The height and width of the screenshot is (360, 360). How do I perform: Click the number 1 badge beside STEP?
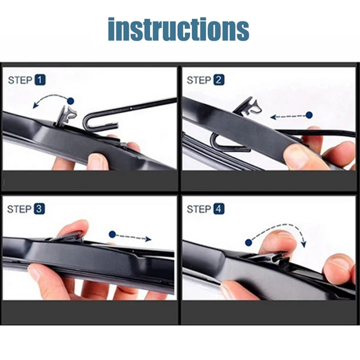(x=40, y=80)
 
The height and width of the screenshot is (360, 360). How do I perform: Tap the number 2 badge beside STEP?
(x=219, y=80)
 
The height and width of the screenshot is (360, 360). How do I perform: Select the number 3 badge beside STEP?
(x=40, y=209)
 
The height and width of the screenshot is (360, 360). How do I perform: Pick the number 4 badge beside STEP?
(x=219, y=209)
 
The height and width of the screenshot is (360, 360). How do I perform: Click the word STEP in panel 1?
(x=20, y=80)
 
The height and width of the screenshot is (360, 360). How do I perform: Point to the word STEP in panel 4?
(x=199, y=209)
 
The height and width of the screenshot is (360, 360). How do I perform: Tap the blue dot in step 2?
(x=309, y=115)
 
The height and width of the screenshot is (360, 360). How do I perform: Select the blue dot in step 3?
(x=112, y=235)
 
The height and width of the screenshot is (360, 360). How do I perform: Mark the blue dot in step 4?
(x=248, y=242)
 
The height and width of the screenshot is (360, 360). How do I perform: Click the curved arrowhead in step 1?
(x=35, y=105)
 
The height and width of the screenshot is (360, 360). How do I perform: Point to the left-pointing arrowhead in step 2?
(x=273, y=117)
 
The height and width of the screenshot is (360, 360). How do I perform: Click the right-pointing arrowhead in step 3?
(x=148, y=239)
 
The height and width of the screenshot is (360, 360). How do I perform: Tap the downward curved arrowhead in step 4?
(x=303, y=244)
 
